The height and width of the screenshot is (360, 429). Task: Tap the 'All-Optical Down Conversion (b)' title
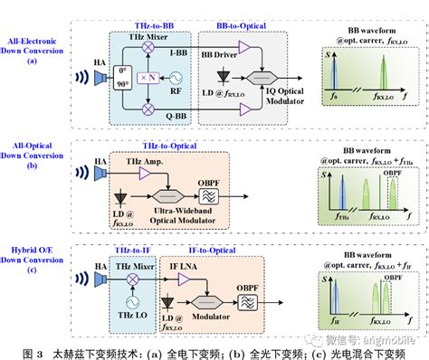coord(32,154)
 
